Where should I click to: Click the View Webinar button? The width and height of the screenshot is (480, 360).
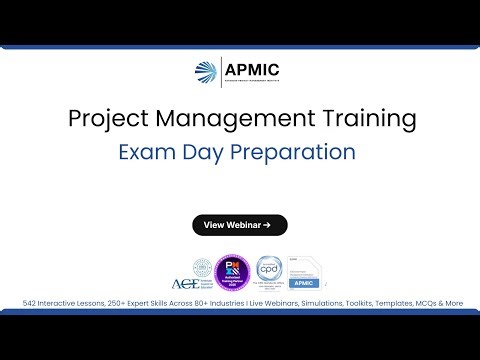[239, 225]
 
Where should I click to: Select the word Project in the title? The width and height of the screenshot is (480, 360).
[104, 119]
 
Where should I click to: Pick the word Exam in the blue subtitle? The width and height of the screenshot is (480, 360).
[147, 153]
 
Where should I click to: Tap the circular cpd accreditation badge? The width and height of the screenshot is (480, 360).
[266, 271]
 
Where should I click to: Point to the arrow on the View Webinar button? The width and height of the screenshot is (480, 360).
[268, 225]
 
